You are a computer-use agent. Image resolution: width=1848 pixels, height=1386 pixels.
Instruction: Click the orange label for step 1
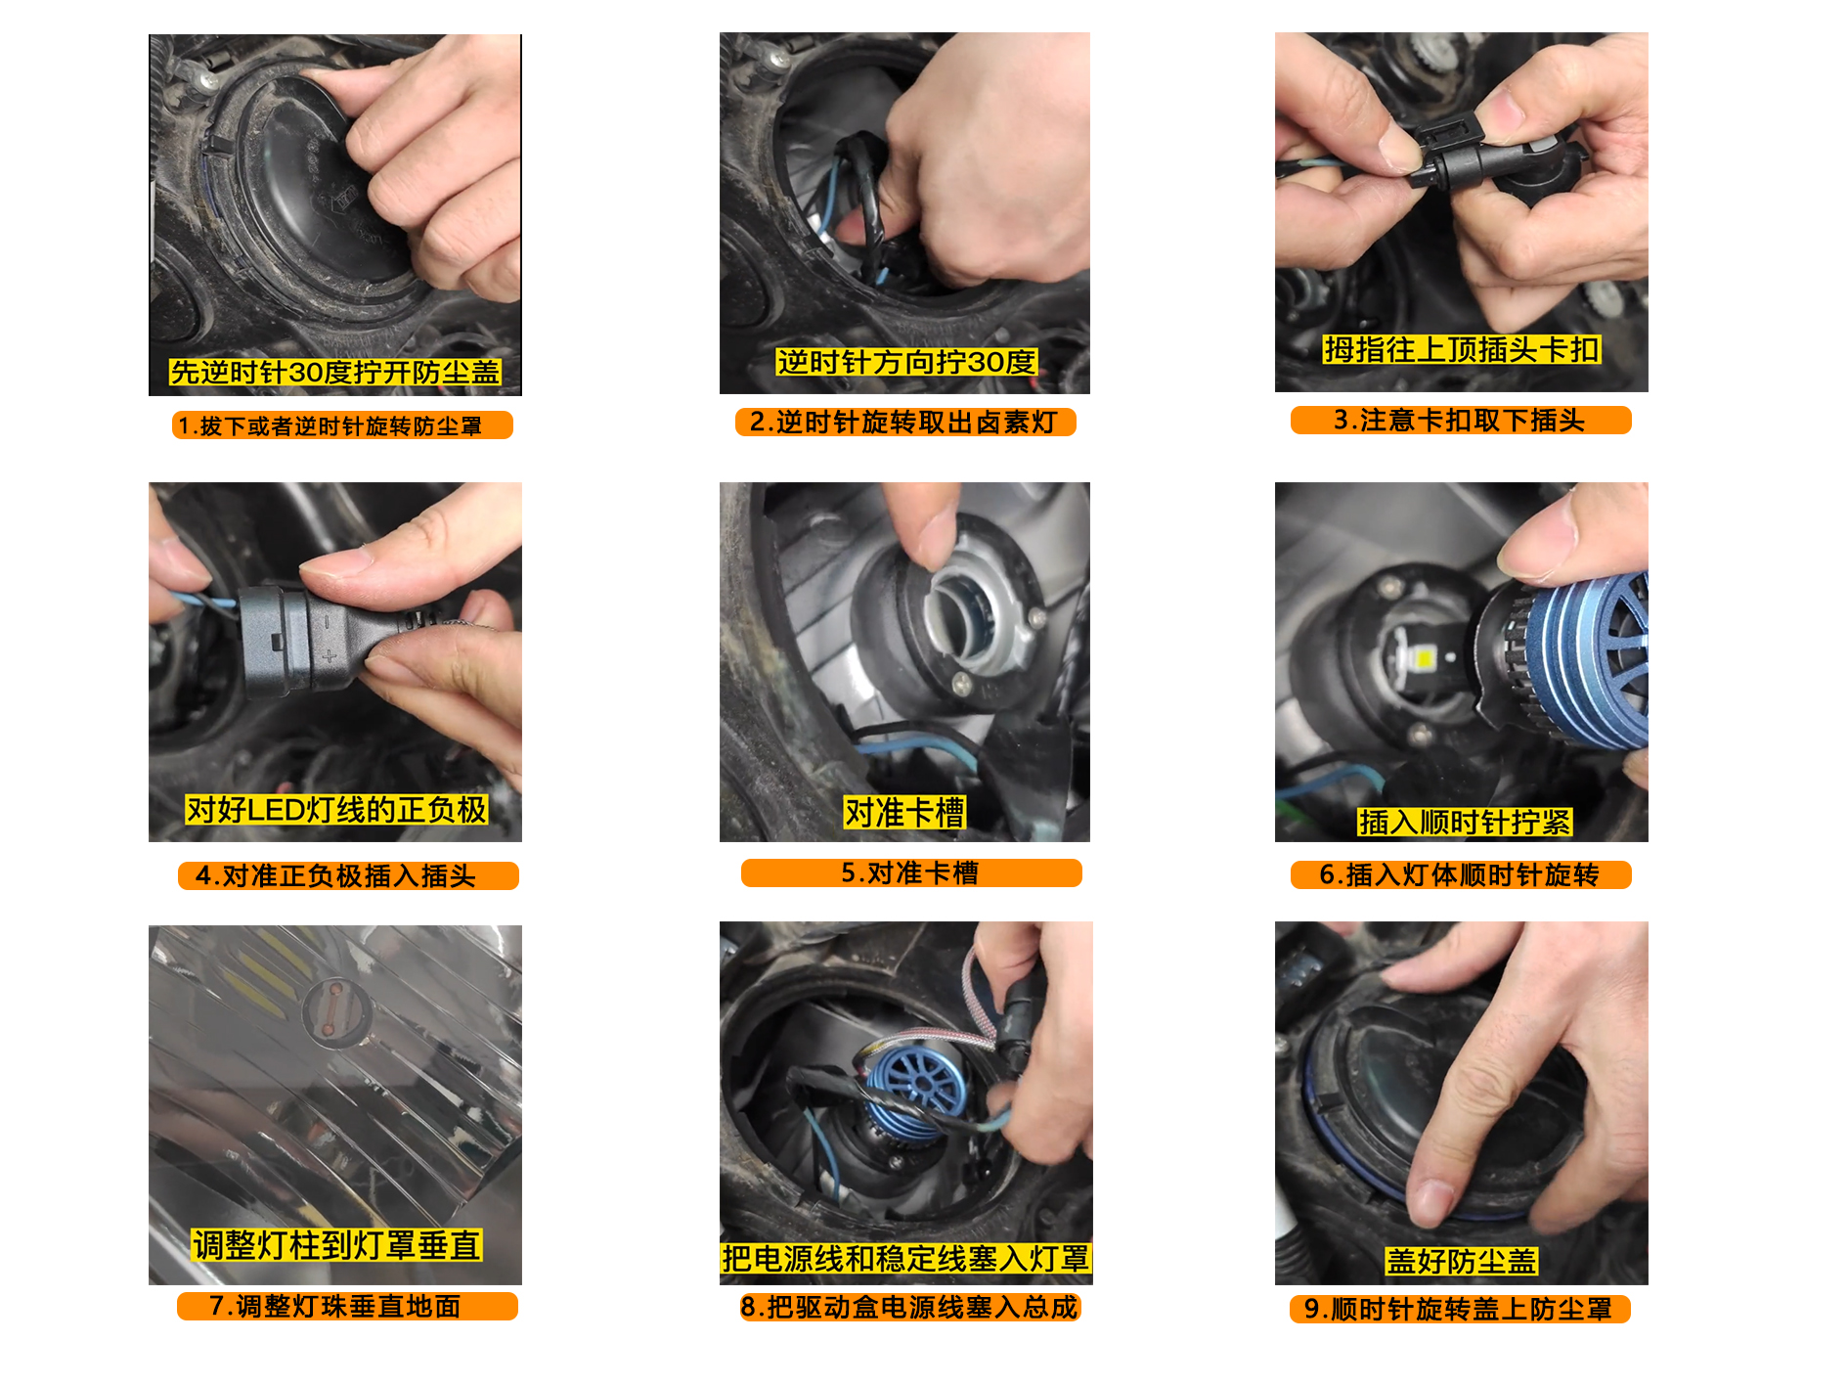coord(342,425)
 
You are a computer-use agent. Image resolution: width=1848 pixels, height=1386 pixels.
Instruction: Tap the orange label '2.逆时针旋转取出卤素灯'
coord(905,422)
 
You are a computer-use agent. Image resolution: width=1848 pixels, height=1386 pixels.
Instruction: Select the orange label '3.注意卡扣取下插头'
coord(1461,420)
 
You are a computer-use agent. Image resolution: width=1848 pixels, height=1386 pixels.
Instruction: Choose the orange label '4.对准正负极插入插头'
coord(348,875)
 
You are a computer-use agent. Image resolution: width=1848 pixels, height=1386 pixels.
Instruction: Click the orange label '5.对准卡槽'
coord(911,872)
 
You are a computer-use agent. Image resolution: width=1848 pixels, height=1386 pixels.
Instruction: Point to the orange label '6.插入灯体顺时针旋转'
coord(1461,874)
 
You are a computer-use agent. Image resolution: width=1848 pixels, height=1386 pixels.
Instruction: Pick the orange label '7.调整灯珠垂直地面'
coord(347,1306)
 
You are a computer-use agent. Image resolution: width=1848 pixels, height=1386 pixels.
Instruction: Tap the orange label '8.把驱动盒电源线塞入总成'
coord(910,1307)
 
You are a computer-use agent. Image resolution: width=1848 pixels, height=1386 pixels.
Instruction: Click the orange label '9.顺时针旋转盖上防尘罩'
coord(1460,1309)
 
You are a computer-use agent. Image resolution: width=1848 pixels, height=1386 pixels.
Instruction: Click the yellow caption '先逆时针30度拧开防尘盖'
coord(334,372)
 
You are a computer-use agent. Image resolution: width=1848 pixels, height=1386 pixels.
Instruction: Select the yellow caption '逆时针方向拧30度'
coord(906,362)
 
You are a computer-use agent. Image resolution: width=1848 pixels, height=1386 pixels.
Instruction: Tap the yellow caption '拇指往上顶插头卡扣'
coord(1462,349)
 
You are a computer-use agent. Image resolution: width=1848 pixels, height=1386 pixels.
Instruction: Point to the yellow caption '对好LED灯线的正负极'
coord(336,809)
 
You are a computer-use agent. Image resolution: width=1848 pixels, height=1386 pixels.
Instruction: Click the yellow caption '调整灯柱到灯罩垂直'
coord(336,1244)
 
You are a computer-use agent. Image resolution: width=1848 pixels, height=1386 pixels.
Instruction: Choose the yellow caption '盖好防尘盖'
coord(1462,1261)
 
